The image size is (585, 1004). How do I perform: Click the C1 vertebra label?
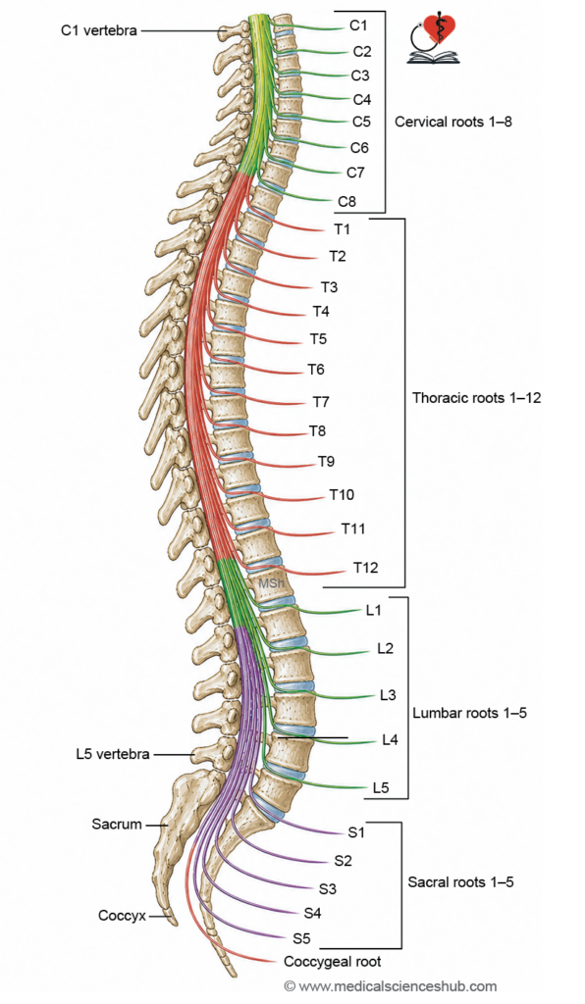point(99,30)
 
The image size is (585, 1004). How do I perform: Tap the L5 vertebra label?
point(112,754)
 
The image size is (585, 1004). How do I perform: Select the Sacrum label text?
point(117,824)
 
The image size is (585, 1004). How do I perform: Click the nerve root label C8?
point(346,202)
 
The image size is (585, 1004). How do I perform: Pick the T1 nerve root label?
point(343,228)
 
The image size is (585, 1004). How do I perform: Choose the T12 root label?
point(366,568)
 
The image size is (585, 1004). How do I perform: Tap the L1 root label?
point(374,610)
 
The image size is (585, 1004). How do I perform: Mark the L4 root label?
point(391,739)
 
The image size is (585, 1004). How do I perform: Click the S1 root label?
point(356,832)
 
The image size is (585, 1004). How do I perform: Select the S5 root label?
point(301,938)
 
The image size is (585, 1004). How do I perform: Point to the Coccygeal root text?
point(332,962)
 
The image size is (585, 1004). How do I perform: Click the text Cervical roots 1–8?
point(453,122)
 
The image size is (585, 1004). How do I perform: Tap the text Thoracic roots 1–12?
point(477,398)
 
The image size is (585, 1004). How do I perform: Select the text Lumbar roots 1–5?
point(469,713)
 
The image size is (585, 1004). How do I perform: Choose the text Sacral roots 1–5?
point(460,881)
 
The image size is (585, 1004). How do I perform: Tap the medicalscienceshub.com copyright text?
point(391,986)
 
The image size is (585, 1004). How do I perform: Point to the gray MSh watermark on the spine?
point(271,583)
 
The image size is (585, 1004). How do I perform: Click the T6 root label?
point(316,370)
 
